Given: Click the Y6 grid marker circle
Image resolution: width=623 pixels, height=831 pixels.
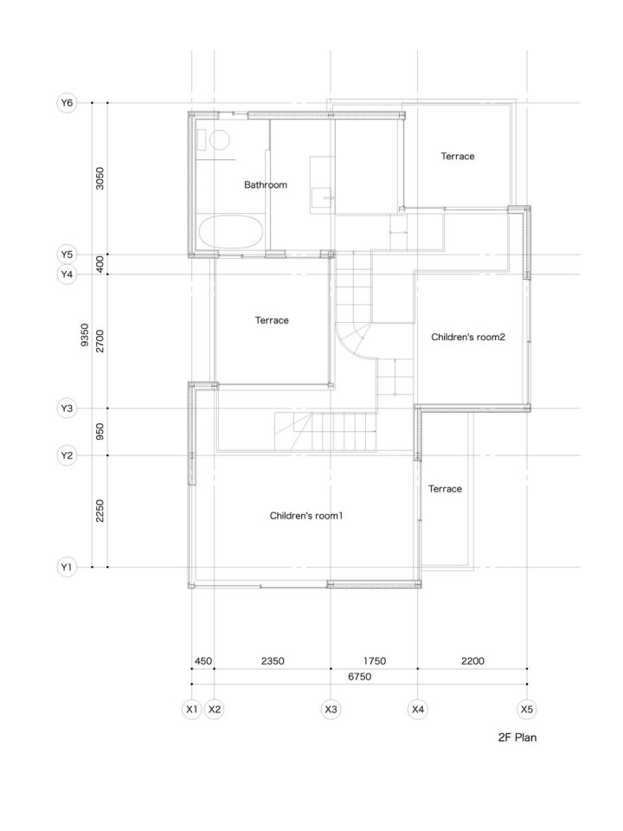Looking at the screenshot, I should [67, 103].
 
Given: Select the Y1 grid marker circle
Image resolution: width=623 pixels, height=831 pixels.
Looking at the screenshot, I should [67, 568].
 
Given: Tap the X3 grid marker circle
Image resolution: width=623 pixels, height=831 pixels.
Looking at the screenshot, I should [331, 710].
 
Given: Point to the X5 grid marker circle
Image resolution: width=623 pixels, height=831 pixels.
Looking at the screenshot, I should [527, 710].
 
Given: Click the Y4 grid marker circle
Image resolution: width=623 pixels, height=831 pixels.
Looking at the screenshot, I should [67, 274].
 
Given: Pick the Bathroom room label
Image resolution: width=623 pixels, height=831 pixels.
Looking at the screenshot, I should [265, 184].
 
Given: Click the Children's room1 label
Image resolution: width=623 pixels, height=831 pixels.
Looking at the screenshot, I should [306, 516].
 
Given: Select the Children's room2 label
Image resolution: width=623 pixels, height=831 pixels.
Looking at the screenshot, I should [468, 337].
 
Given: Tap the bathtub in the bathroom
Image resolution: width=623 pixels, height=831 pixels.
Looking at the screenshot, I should [231, 233].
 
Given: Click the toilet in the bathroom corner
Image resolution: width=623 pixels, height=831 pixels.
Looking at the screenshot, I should [216, 139].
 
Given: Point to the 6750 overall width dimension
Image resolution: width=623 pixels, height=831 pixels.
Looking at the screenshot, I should [359, 677].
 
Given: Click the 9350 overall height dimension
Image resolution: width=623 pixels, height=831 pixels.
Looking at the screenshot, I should [84, 335].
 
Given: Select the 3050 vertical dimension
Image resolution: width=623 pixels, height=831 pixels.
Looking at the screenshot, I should [100, 178].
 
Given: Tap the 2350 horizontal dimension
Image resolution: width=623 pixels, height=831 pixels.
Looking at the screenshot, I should [272, 661].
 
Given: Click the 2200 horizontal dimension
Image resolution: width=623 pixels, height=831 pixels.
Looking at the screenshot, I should [472, 661].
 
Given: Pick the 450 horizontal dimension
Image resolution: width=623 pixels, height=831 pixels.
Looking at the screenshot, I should [202, 661].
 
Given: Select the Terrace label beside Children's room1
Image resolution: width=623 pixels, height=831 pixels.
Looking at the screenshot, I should [445, 489].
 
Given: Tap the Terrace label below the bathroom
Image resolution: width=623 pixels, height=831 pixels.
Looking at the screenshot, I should [272, 320].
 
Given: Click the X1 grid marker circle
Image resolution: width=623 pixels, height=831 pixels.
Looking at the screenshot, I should [192, 710].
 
